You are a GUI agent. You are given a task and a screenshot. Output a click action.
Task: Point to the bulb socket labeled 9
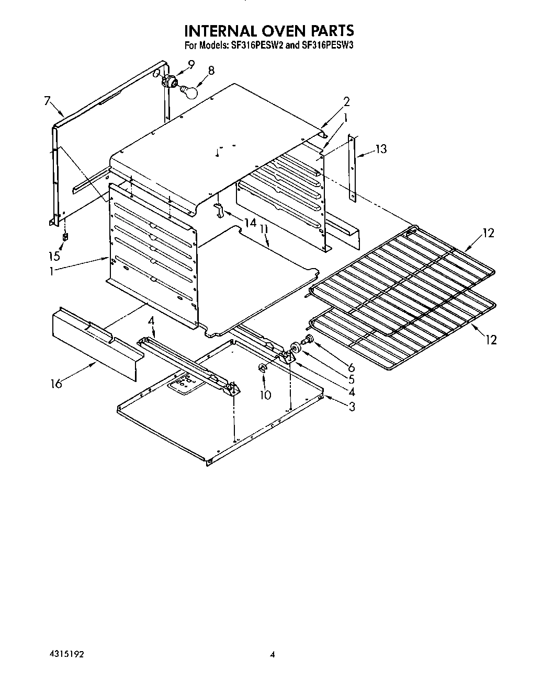[x=169, y=81]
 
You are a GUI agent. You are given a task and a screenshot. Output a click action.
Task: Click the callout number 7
[x=47, y=101]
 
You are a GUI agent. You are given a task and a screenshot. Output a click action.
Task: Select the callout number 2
[x=346, y=101]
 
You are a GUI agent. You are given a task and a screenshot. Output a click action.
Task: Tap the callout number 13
[x=381, y=149]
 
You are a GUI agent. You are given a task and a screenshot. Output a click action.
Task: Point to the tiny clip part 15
[x=65, y=237]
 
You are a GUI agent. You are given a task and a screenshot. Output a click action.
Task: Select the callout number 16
[x=55, y=384]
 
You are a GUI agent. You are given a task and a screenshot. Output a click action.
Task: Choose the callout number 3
[x=352, y=406]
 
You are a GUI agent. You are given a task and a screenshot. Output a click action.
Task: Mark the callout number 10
[x=265, y=395]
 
